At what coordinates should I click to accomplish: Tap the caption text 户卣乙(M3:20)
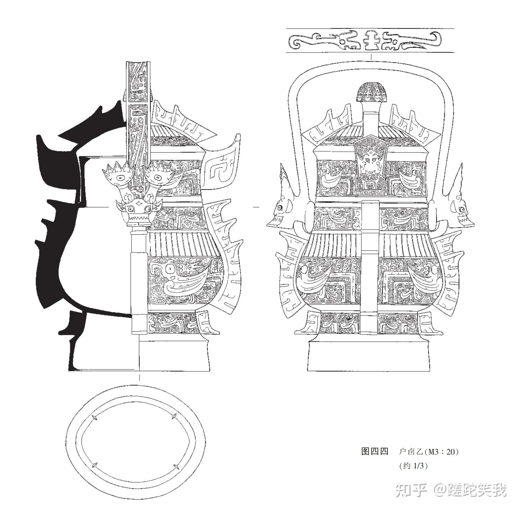[x=429, y=451]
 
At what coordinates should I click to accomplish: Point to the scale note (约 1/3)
[x=413, y=466]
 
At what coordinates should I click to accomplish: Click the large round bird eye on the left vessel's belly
[x=170, y=269]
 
